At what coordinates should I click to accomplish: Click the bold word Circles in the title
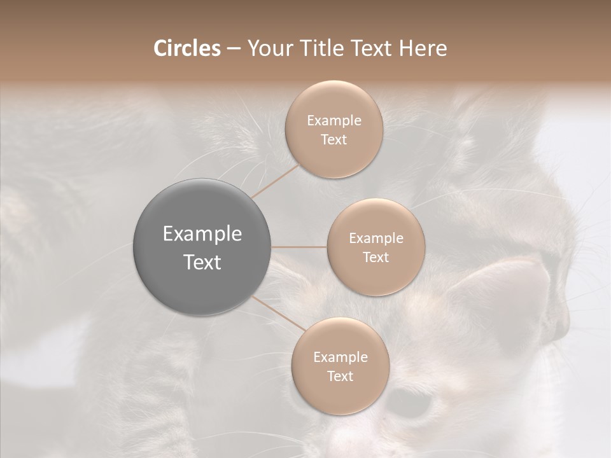point(186,48)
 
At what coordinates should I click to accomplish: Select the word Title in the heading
point(323,48)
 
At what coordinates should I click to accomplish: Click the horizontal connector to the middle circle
point(299,247)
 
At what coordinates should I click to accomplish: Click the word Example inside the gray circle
point(202,234)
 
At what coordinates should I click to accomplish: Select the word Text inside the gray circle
point(202,262)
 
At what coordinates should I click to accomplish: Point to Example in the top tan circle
point(334,121)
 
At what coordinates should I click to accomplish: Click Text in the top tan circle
point(334,140)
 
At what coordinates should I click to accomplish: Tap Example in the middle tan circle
point(376,239)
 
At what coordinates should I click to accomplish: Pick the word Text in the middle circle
point(376,258)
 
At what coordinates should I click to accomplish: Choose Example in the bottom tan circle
point(340,357)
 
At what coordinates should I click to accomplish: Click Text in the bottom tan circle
point(340,377)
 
